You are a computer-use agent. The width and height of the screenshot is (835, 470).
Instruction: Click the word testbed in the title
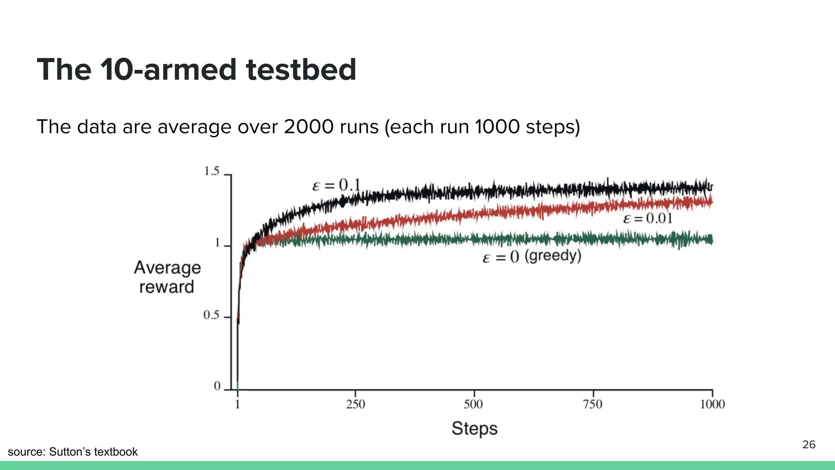(x=301, y=69)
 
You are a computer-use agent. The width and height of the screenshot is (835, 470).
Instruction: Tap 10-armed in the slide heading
(x=169, y=69)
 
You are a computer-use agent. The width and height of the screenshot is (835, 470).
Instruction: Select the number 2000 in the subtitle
(x=309, y=127)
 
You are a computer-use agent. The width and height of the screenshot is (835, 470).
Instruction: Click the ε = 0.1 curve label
(x=336, y=186)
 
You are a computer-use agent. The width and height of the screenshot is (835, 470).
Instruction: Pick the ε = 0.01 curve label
(x=647, y=219)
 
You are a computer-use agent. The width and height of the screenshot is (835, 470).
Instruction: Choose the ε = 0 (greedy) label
(x=532, y=257)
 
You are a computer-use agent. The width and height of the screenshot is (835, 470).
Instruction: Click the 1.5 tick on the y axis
(x=212, y=171)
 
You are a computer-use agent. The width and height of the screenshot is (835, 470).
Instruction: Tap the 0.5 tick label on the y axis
(x=211, y=315)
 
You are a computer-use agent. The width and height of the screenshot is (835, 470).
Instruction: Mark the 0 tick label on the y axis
(x=217, y=386)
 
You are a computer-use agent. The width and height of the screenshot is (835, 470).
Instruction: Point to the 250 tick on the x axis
(x=356, y=404)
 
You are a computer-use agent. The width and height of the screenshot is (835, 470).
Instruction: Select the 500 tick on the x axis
(x=473, y=404)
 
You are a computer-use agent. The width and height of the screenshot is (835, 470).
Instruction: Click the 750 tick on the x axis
(x=592, y=404)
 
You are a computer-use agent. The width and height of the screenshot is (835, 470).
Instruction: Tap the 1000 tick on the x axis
(x=712, y=404)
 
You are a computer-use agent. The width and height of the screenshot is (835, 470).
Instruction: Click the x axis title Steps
(x=475, y=428)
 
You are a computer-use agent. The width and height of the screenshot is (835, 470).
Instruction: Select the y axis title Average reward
(x=167, y=277)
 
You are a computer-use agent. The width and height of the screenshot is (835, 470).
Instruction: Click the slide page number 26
(x=808, y=445)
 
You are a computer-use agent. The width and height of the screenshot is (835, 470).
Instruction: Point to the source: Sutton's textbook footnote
(x=73, y=452)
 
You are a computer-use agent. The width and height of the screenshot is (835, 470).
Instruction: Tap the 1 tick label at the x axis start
(x=237, y=404)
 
